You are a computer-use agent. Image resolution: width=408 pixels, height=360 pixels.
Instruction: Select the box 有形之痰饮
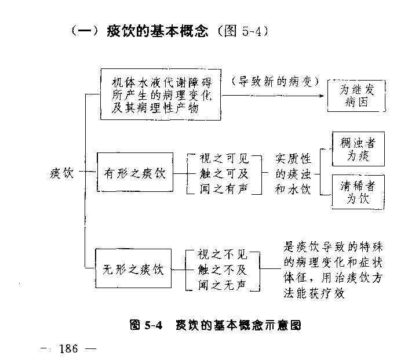click(x=134, y=173)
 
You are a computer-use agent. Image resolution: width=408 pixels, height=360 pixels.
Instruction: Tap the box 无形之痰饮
click(x=134, y=270)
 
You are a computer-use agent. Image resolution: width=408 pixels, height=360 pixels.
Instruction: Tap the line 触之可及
click(x=223, y=173)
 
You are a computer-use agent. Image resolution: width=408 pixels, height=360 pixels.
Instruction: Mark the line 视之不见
click(x=223, y=254)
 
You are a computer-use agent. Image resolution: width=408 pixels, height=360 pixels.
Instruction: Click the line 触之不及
click(x=223, y=269)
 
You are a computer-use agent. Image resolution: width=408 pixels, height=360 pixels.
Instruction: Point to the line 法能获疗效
click(x=315, y=293)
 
